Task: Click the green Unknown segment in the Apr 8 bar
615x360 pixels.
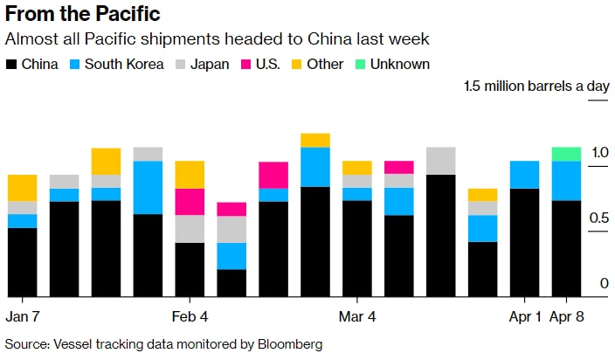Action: point(567,154)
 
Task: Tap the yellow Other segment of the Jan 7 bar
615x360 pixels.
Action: point(22,188)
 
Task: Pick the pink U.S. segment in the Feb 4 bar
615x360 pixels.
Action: point(190,202)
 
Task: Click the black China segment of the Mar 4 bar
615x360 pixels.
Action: point(357,248)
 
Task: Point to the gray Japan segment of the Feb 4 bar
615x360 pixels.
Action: point(190,229)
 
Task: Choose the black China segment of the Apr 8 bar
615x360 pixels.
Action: point(567,248)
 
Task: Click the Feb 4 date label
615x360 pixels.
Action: point(190,315)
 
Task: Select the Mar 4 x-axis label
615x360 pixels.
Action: point(357,315)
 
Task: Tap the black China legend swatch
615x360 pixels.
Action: point(11,65)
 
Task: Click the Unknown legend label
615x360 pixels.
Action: point(399,65)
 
